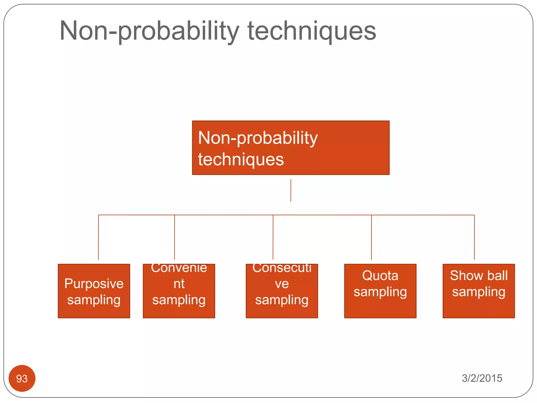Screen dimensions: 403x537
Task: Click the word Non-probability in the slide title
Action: point(149,31)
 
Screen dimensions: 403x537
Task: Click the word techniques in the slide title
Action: point(312,31)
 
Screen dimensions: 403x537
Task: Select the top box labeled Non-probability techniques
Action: point(291,148)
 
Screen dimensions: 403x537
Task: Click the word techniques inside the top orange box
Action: point(241,159)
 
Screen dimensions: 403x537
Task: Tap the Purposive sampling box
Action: point(94,291)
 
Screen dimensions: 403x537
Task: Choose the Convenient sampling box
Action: point(179,291)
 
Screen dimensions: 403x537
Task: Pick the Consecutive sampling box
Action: point(282,291)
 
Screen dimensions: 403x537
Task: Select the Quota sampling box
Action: point(380,291)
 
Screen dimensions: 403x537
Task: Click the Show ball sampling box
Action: point(479,291)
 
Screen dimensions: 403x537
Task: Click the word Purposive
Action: point(94,284)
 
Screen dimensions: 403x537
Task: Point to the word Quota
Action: point(380,275)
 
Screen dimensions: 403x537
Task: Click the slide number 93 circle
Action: point(22,378)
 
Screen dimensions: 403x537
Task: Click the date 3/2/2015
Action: point(482,378)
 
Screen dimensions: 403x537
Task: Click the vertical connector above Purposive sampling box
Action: point(98,237)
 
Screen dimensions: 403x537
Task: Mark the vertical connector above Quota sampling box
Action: point(371,237)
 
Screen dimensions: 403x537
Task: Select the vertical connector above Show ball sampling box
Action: point(474,237)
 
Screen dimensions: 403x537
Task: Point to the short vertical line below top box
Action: point(291,190)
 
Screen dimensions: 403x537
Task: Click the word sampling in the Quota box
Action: point(380,292)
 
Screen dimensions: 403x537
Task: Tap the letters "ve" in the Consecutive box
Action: point(282,284)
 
